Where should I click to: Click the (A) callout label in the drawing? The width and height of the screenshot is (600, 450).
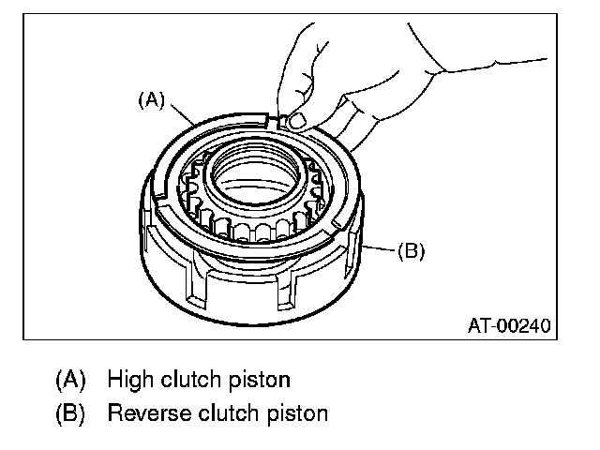pyautogui.click(x=151, y=100)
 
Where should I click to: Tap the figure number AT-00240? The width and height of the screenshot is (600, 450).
pyautogui.click(x=507, y=326)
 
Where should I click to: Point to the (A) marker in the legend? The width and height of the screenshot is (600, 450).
pyautogui.click(x=70, y=380)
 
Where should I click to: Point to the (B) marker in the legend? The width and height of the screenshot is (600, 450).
pyautogui.click(x=70, y=412)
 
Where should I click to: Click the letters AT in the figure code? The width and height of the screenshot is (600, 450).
pyautogui.click(x=477, y=326)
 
